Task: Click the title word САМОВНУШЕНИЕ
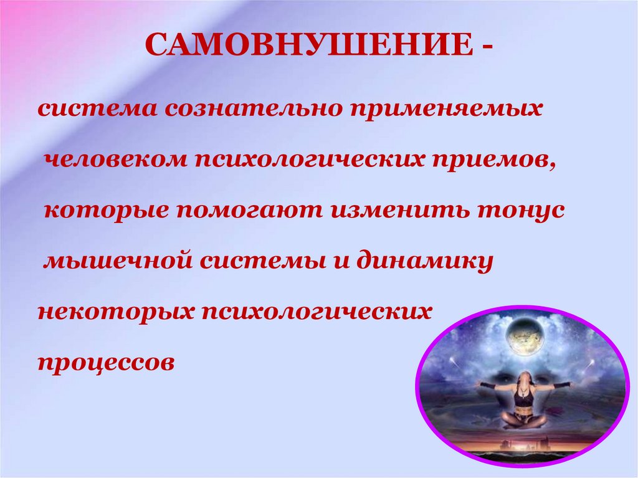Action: (309, 44)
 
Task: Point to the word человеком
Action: (115, 160)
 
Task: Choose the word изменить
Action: (399, 211)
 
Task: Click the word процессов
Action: (106, 363)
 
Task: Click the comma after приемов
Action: (551, 166)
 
